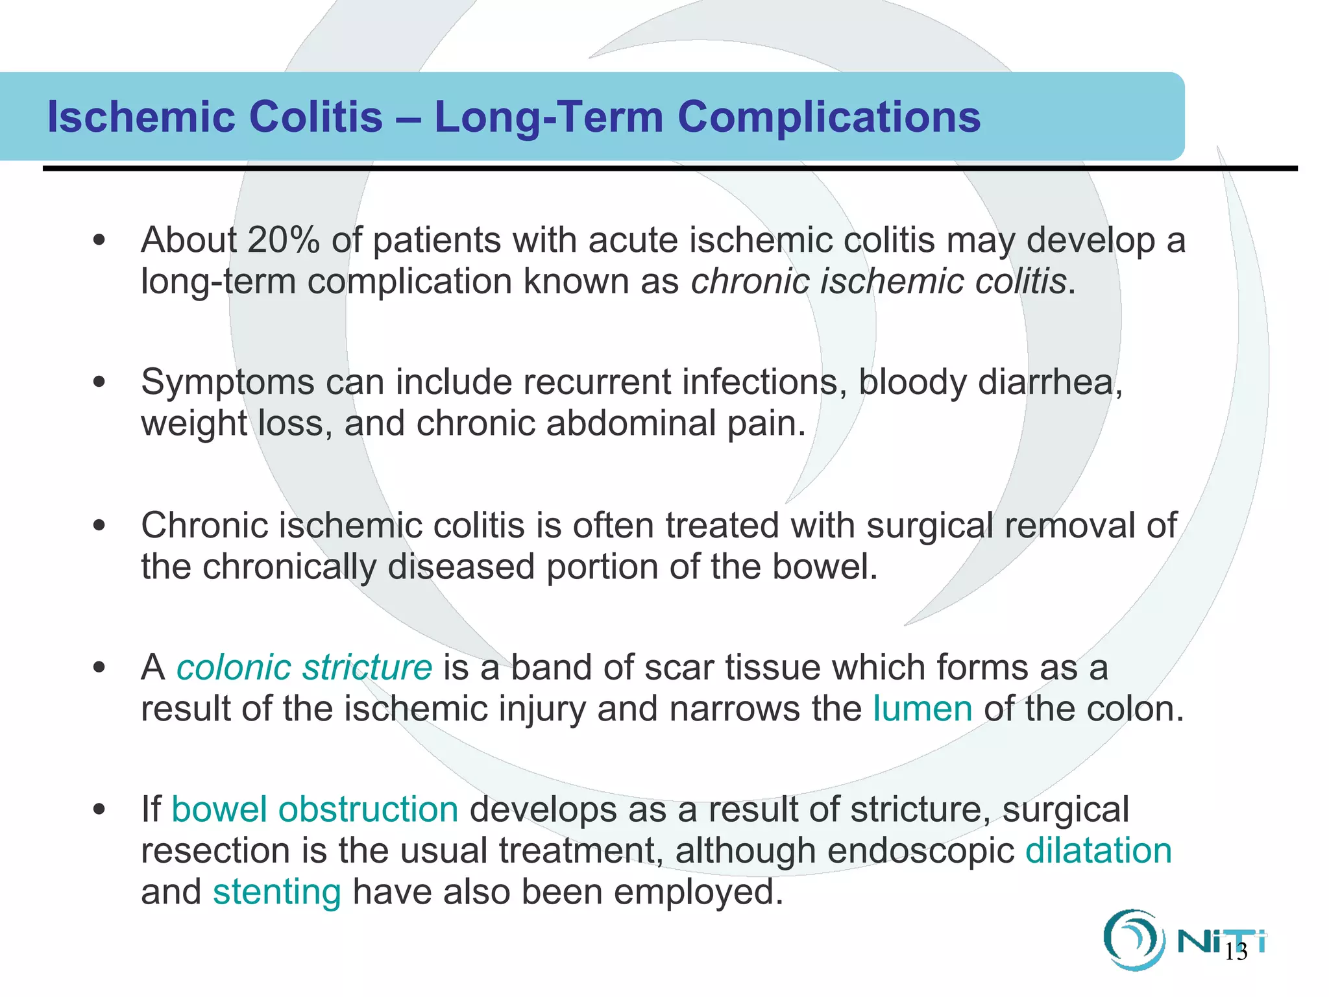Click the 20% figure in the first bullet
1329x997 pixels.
[284, 240]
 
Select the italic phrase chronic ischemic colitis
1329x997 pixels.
[879, 282]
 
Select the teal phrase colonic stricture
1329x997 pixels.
[304, 667]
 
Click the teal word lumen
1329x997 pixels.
[922, 709]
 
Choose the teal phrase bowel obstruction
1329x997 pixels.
[315, 810]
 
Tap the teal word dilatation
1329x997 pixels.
[1098, 851]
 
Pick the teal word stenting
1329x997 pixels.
[277, 892]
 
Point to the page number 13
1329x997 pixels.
[1236, 952]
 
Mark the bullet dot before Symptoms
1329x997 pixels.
[99, 382]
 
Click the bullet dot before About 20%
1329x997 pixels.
[99, 241]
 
